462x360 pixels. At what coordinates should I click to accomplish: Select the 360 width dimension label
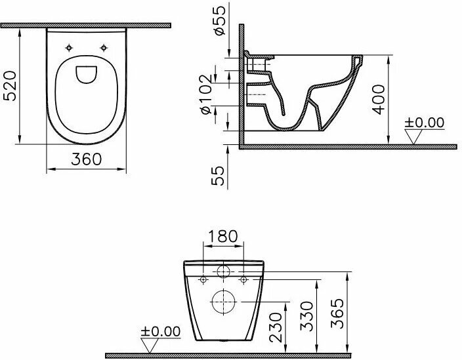[87, 159]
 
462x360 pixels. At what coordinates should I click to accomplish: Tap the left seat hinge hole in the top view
[69, 47]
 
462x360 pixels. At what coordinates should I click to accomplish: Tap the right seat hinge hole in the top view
[104, 47]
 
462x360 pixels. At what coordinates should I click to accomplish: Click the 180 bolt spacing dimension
[222, 236]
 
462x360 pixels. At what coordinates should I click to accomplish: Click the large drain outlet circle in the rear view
[223, 302]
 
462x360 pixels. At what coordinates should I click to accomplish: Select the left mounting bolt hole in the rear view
[203, 280]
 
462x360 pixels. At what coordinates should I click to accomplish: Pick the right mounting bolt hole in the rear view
[243, 280]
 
